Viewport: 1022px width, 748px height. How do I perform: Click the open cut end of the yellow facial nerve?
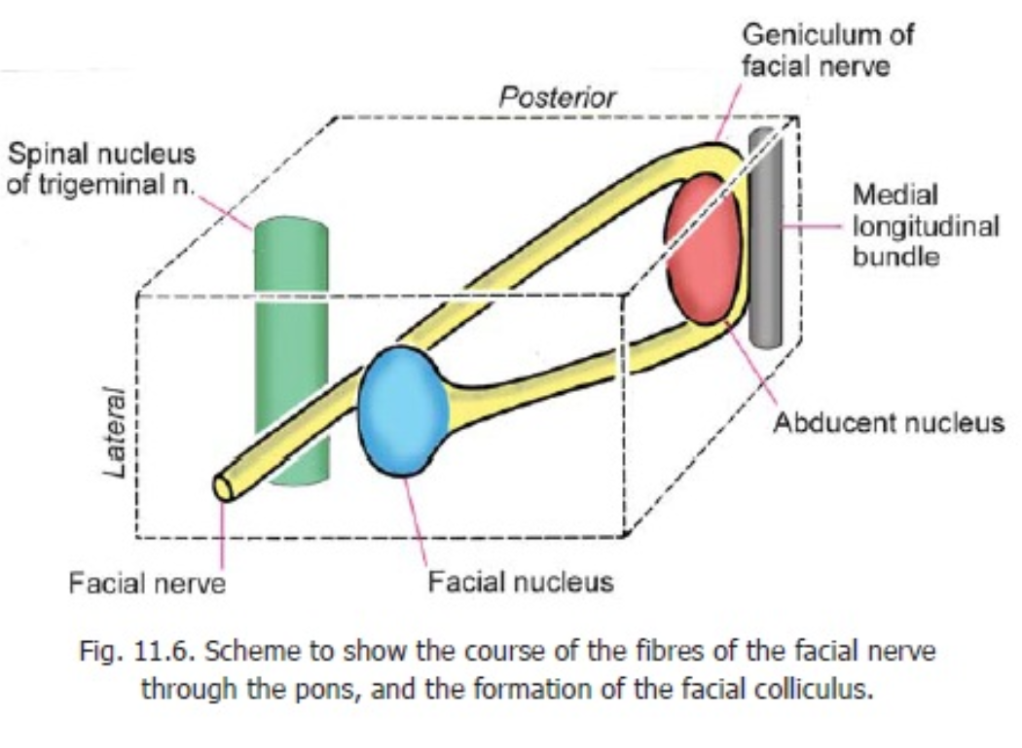point(223,486)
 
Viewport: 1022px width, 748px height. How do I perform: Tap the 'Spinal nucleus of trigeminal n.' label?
point(101,168)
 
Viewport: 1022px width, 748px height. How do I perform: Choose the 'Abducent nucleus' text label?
point(888,423)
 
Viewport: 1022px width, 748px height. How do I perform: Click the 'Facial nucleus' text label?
point(522,582)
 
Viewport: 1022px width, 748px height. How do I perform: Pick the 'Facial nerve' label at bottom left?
point(147,583)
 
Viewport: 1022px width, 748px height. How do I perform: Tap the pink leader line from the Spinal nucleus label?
point(229,209)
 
